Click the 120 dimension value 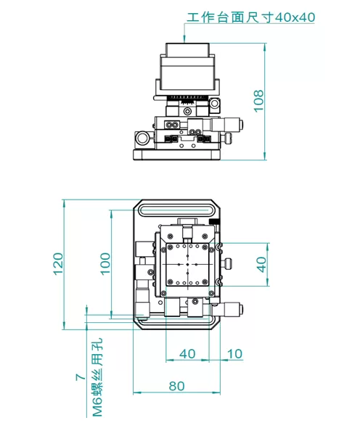(58, 264)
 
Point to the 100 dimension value (105, 264)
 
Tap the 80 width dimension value (176, 385)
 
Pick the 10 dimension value (234, 353)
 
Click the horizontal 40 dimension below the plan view (187, 353)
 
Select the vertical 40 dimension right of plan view (262, 264)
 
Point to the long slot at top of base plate (176, 210)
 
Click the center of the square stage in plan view (188, 265)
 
